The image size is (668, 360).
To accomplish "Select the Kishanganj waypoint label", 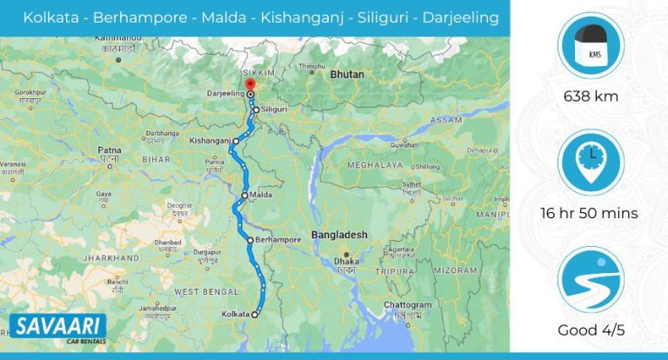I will point(209,139).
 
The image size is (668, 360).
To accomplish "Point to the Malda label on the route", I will point(261,195).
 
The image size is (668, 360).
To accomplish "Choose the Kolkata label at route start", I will point(236,313).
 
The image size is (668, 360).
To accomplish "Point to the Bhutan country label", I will point(347,76).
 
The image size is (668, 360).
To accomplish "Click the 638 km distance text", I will point(590,96).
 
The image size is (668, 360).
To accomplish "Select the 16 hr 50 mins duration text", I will point(590,213).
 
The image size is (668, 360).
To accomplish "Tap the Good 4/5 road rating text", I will point(590,330).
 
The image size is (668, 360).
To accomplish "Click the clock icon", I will point(590,162).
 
